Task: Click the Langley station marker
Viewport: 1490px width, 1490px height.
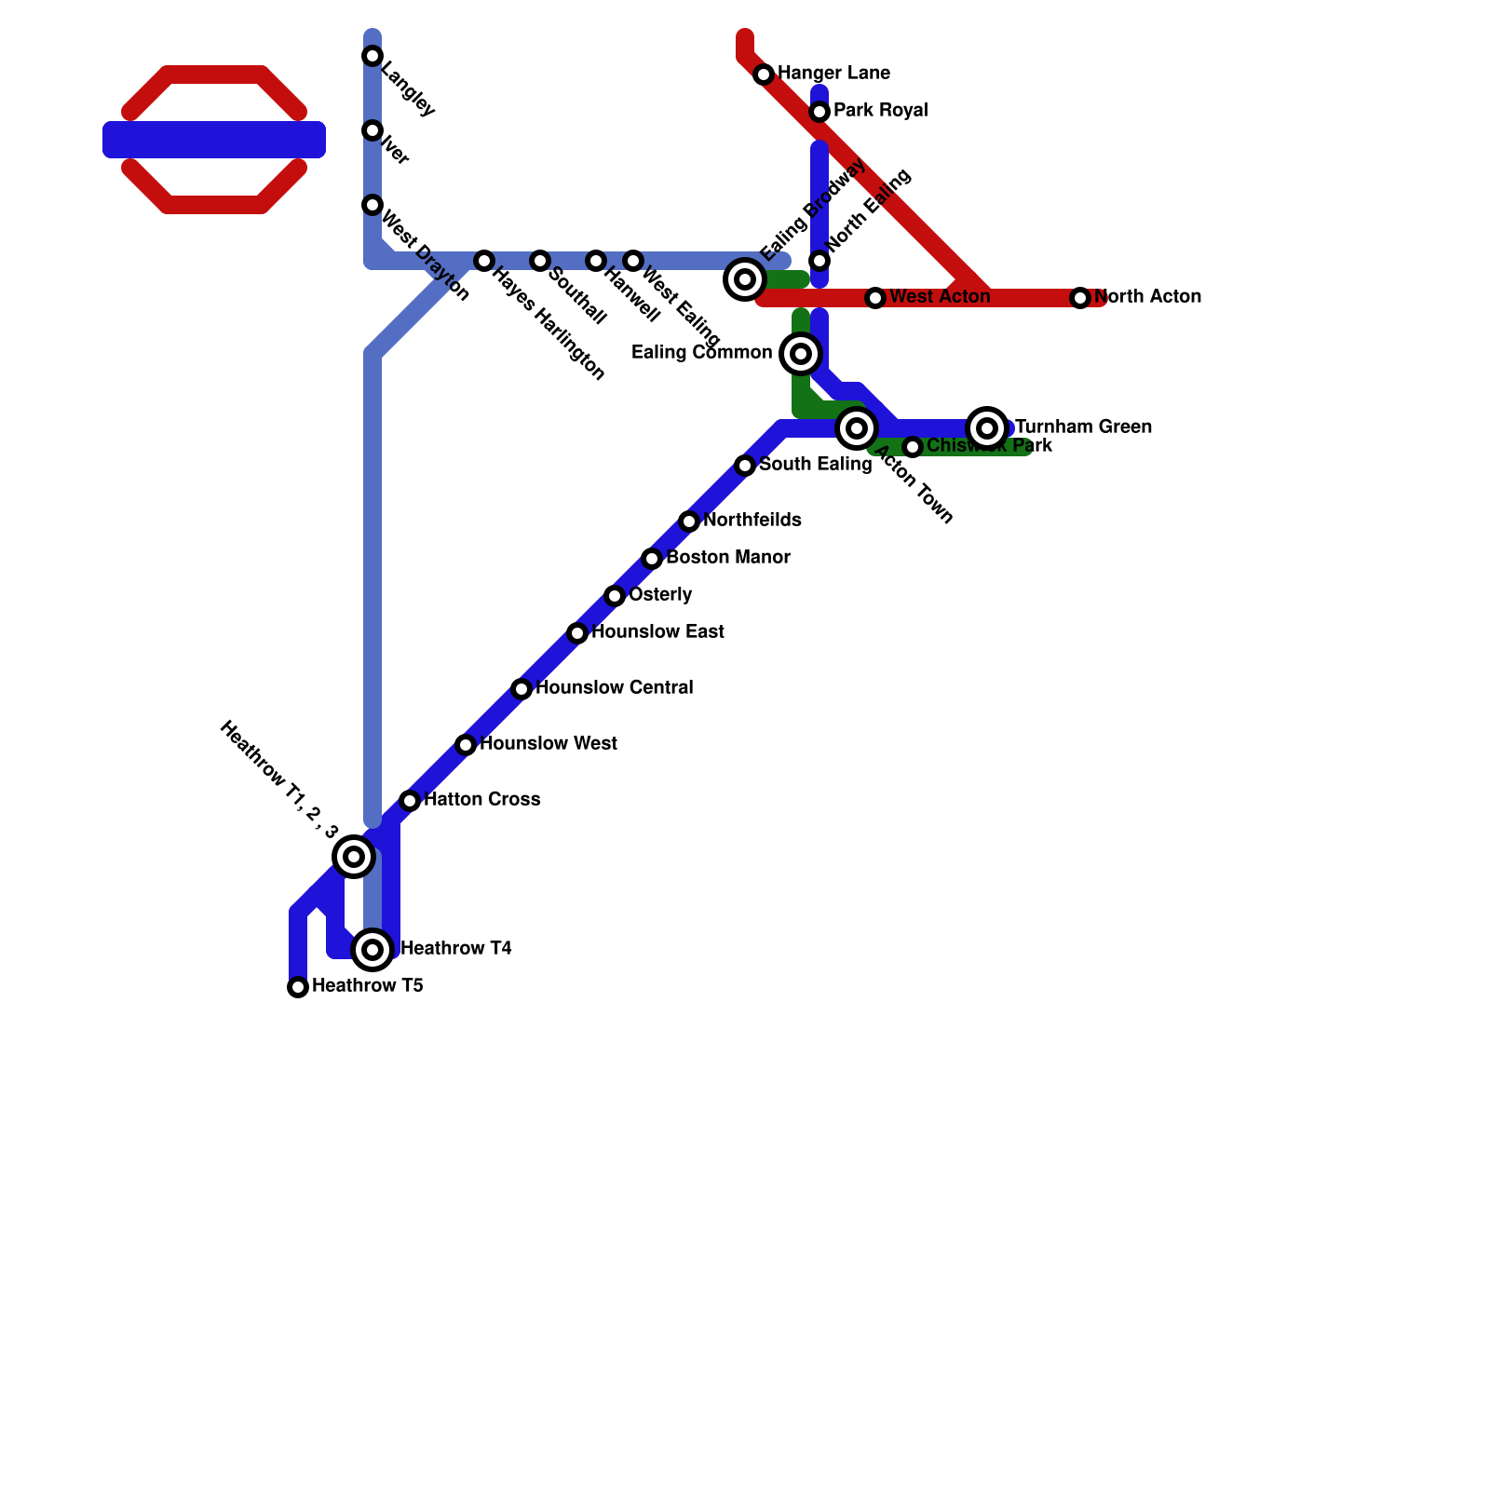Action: click(372, 56)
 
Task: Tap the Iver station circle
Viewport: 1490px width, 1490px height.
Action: click(372, 130)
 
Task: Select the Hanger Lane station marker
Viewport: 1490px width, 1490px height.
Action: click(764, 74)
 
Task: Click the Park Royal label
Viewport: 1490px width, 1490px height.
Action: click(880, 111)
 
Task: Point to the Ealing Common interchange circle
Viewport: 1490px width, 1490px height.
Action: click(801, 354)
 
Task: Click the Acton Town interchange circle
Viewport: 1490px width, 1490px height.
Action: click(857, 428)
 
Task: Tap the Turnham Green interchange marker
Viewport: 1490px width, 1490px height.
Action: click(987, 428)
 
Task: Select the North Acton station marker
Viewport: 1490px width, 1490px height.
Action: click(1080, 298)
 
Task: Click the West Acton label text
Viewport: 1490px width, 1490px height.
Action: click(940, 297)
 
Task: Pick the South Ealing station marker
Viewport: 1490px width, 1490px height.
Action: click(745, 466)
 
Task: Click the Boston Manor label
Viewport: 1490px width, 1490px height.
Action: click(728, 558)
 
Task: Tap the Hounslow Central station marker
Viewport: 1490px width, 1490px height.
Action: click(521, 689)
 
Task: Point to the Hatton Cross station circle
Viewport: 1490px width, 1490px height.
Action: click(410, 801)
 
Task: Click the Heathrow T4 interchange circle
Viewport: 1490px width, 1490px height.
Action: click(372, 950)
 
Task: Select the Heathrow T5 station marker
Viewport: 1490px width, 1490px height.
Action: click(298, 987)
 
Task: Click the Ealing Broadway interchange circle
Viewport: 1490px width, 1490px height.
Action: click(745, 278)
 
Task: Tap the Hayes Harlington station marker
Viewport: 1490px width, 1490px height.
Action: click(484, 261)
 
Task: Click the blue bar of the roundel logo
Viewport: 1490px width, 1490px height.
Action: click(214, 140)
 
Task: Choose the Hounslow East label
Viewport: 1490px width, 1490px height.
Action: click(657, 632)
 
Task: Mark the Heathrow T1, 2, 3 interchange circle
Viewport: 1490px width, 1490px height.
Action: click(354, 857)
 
